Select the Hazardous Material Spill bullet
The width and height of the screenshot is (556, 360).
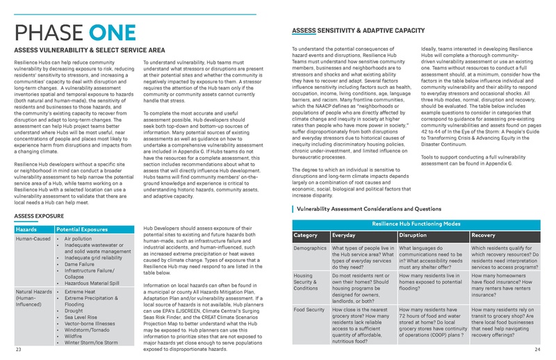[95, 284]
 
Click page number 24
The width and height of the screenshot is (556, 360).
[538, 350]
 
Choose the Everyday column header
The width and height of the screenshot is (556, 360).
[347, 235]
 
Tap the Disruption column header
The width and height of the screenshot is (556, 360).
[417, 235]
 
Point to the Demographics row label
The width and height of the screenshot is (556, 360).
[311, 248]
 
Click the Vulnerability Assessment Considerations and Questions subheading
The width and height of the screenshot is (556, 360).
[377, 208]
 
